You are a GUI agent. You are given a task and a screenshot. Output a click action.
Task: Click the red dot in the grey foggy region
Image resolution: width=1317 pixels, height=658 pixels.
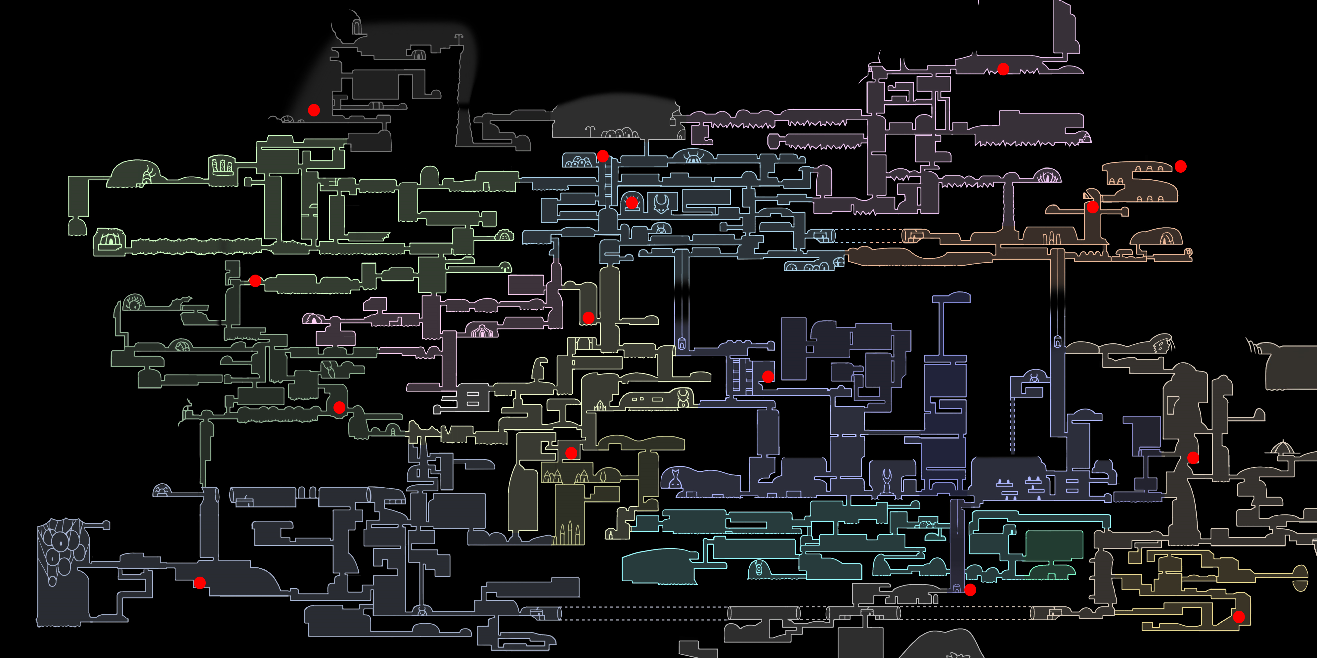pyautogui.click(x=314, y=110)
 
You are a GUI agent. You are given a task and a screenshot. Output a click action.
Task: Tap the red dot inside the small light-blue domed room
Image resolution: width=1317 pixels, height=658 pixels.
pyautogui.click(x=632, y=203)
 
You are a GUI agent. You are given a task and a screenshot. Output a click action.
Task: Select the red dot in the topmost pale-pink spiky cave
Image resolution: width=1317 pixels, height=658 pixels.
pyautogui.click(x=1003, y=69)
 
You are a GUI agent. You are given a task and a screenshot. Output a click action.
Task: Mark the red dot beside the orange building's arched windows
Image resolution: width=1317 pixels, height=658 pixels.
pyautogui.click(x=1180, y=166)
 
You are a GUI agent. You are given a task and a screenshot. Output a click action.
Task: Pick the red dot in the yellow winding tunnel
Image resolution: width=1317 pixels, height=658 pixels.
pyautogui.click(x=1238, y=617)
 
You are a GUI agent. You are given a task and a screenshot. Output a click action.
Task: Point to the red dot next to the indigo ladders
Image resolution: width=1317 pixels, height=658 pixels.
pyautogui.click(x=768, y=377)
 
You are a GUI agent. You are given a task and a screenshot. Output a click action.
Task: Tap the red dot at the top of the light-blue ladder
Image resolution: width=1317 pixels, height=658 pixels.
pyautogui.click(x=603, y=156)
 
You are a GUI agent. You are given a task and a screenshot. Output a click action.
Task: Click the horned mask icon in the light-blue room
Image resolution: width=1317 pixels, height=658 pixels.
pyautogui.click(x=662, y=203)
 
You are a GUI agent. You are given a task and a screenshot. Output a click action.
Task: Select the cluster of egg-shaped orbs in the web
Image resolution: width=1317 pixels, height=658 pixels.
pyautogui.click(x=60, y=549)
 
